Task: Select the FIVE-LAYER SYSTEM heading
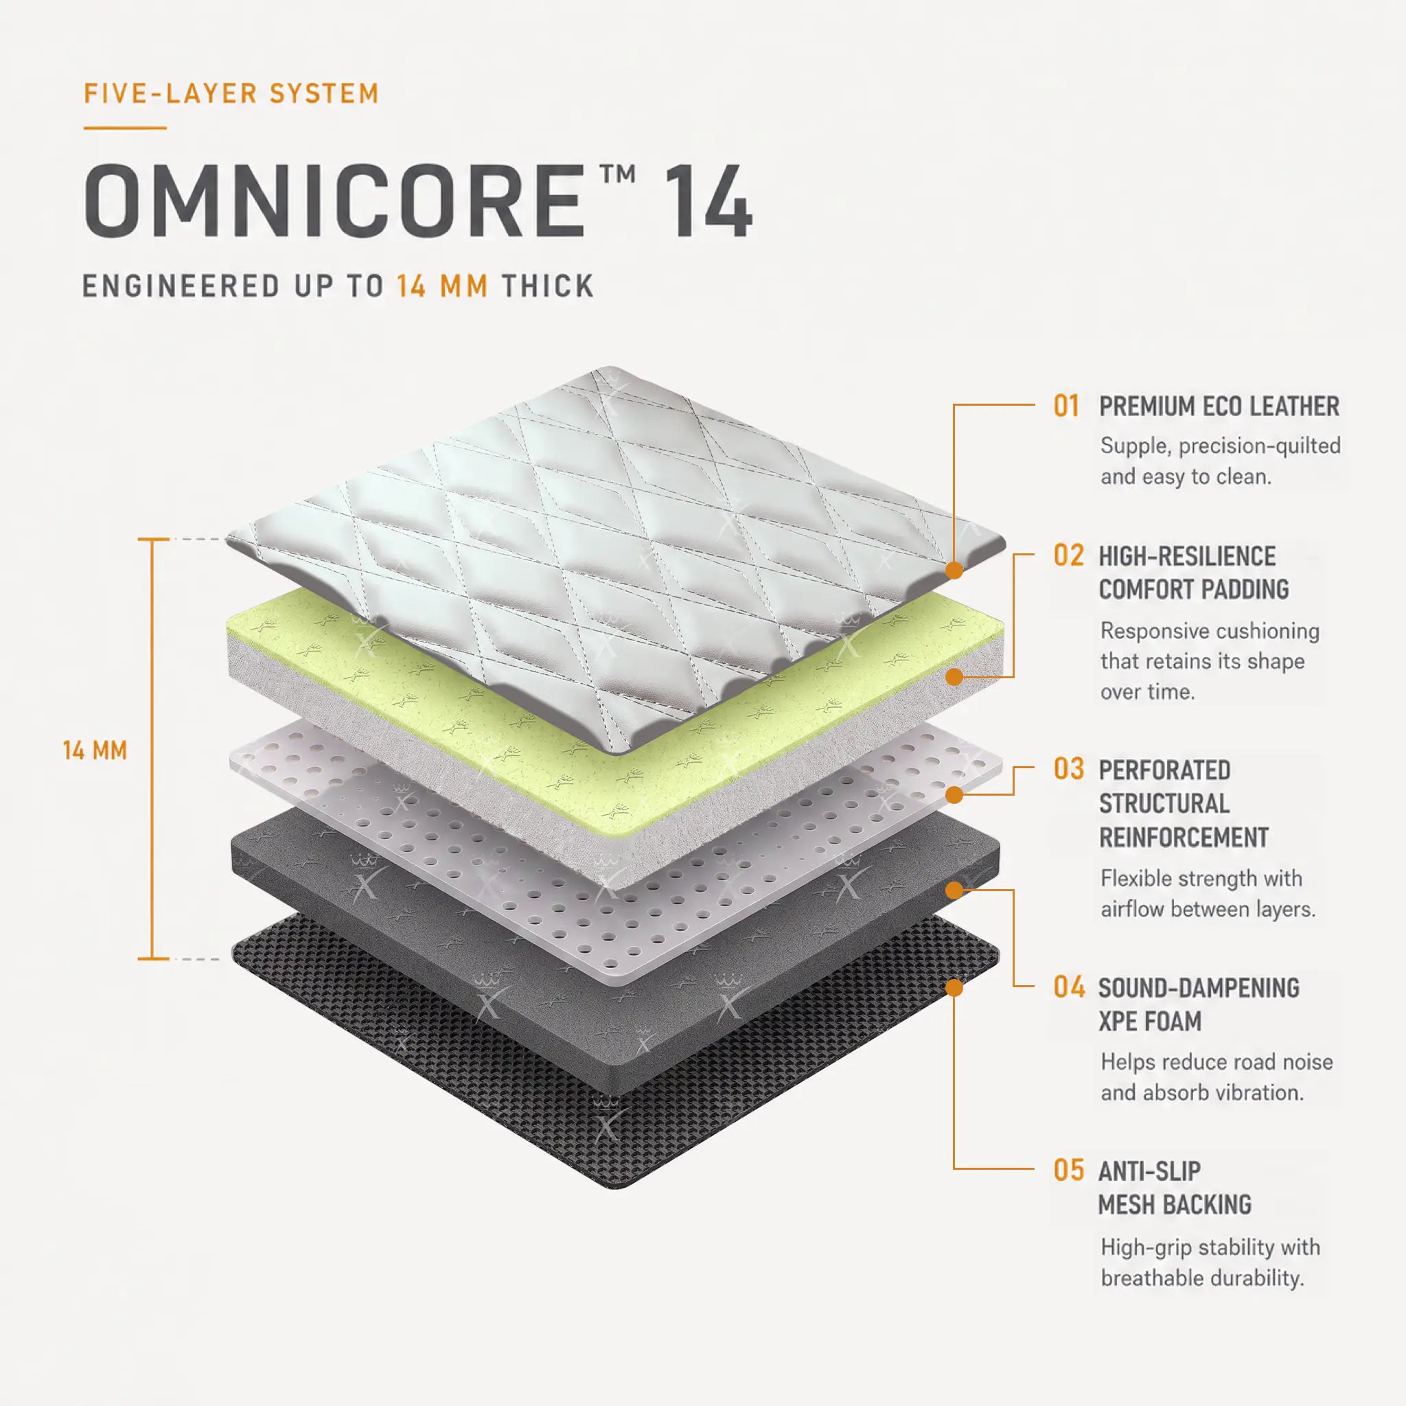[x=231, y=94]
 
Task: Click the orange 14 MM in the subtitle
[x=443, y=286]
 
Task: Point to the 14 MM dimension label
[x=95, y=750]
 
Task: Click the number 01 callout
[x=1067, y=406]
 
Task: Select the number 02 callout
[x=1068, y=555]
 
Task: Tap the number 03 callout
[x=1068, y=768]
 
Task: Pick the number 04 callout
[x=1068, y=987]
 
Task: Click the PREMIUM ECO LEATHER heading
[x=1219, y=406]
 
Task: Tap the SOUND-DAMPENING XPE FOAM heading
[x=1199, y=1004]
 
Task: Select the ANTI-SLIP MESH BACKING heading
[x=1175, y=1188]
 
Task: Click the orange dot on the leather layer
[x=954, y=570]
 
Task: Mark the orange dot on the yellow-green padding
[x=954, y=678]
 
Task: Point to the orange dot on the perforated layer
[x=954, y=795]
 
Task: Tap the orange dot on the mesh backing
[x=954, y=987]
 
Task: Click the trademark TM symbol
[x=619, y=174]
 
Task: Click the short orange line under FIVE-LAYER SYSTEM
[x=125, y=128]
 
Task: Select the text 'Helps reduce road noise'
[x=1217, y=1062]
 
